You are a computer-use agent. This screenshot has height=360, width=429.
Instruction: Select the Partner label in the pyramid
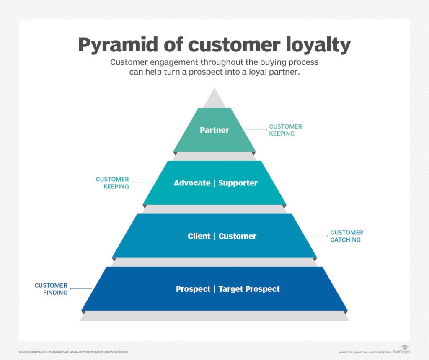(214, 130)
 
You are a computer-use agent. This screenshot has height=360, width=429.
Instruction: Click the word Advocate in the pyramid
(192, 183)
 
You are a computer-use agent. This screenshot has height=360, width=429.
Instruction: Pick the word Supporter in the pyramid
(238, 183)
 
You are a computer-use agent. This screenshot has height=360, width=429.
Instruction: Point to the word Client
(199, 236)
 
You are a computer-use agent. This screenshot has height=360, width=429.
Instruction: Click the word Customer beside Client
(238, 236)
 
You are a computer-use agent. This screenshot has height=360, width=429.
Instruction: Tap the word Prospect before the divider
(193, 289)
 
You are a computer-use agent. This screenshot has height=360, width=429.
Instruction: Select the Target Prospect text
(249, 289)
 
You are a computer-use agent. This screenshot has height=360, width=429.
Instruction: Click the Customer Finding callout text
(51, 289)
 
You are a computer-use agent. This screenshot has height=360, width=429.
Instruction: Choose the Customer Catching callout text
(346, 236)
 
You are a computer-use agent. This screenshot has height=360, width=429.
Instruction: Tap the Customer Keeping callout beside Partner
(285, 130)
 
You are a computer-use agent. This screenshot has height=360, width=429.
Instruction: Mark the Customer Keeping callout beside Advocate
(112, 183)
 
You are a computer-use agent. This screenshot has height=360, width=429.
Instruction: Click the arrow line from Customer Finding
(81, 289)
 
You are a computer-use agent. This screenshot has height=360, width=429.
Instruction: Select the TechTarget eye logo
(405, 348)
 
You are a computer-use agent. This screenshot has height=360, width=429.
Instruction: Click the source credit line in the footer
(73, 352)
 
